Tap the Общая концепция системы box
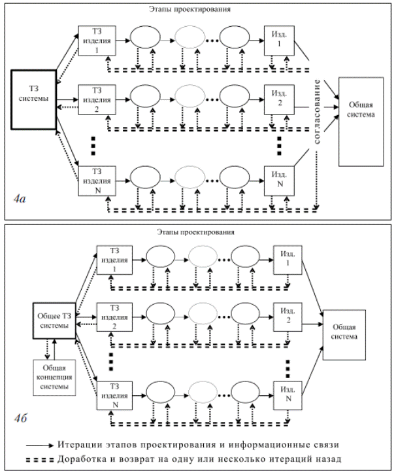pyautogui.click(x=54, y=376)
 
